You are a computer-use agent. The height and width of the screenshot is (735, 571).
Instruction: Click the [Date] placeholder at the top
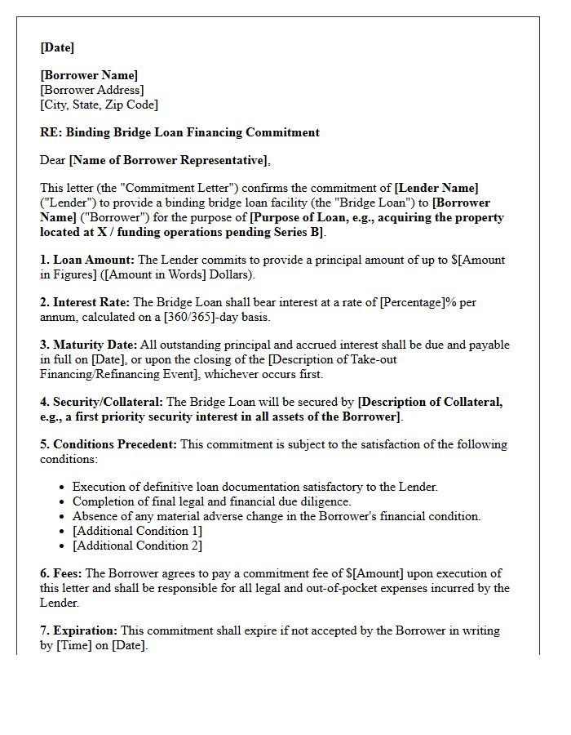coord(57,47)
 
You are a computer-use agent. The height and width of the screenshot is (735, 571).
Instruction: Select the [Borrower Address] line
coord(91,90)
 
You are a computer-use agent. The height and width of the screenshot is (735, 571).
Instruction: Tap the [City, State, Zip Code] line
coord(99,105)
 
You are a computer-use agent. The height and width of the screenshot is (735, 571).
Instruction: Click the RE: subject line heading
coord(179,132)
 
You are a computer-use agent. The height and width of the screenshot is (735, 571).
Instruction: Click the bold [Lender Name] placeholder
coord(436,188)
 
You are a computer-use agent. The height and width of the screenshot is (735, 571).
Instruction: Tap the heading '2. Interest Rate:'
coord(86,302)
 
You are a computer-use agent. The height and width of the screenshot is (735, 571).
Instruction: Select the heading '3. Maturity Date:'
coord(89,345)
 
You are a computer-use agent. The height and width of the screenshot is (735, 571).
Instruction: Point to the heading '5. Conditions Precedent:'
coord(108,444)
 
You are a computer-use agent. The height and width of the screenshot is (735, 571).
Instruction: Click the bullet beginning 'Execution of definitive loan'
coord(255,487)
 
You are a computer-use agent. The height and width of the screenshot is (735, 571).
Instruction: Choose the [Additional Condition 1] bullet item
coord(137,531)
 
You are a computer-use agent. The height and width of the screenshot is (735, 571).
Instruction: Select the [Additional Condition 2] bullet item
coord(137,546)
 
